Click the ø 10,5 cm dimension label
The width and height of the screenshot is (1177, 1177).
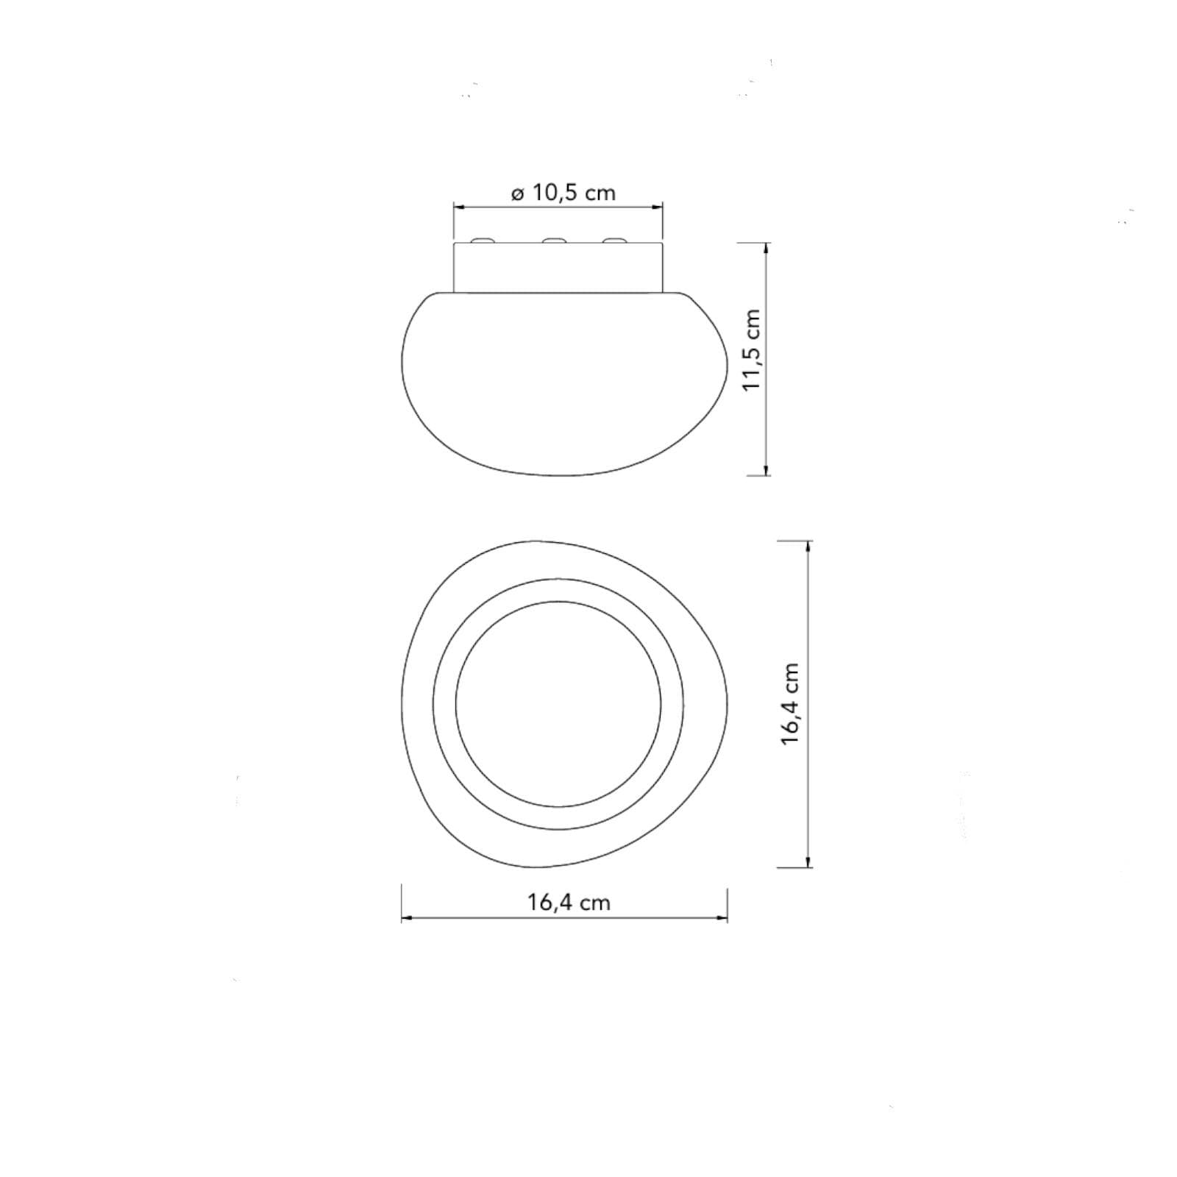[x=563, y=193]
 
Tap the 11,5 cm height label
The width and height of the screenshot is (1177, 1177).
[x=751, y=349]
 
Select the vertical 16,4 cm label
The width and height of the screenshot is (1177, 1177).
[x=790, y=704]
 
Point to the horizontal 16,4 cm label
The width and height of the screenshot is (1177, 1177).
[x=569, y=902]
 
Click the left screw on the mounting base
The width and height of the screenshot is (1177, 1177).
[x=483, y=241]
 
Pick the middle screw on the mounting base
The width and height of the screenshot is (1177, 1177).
[x=554, y=241]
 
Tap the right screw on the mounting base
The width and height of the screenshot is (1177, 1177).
[x=615, y=241]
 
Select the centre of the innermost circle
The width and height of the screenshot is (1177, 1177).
[x=558, y=704]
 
